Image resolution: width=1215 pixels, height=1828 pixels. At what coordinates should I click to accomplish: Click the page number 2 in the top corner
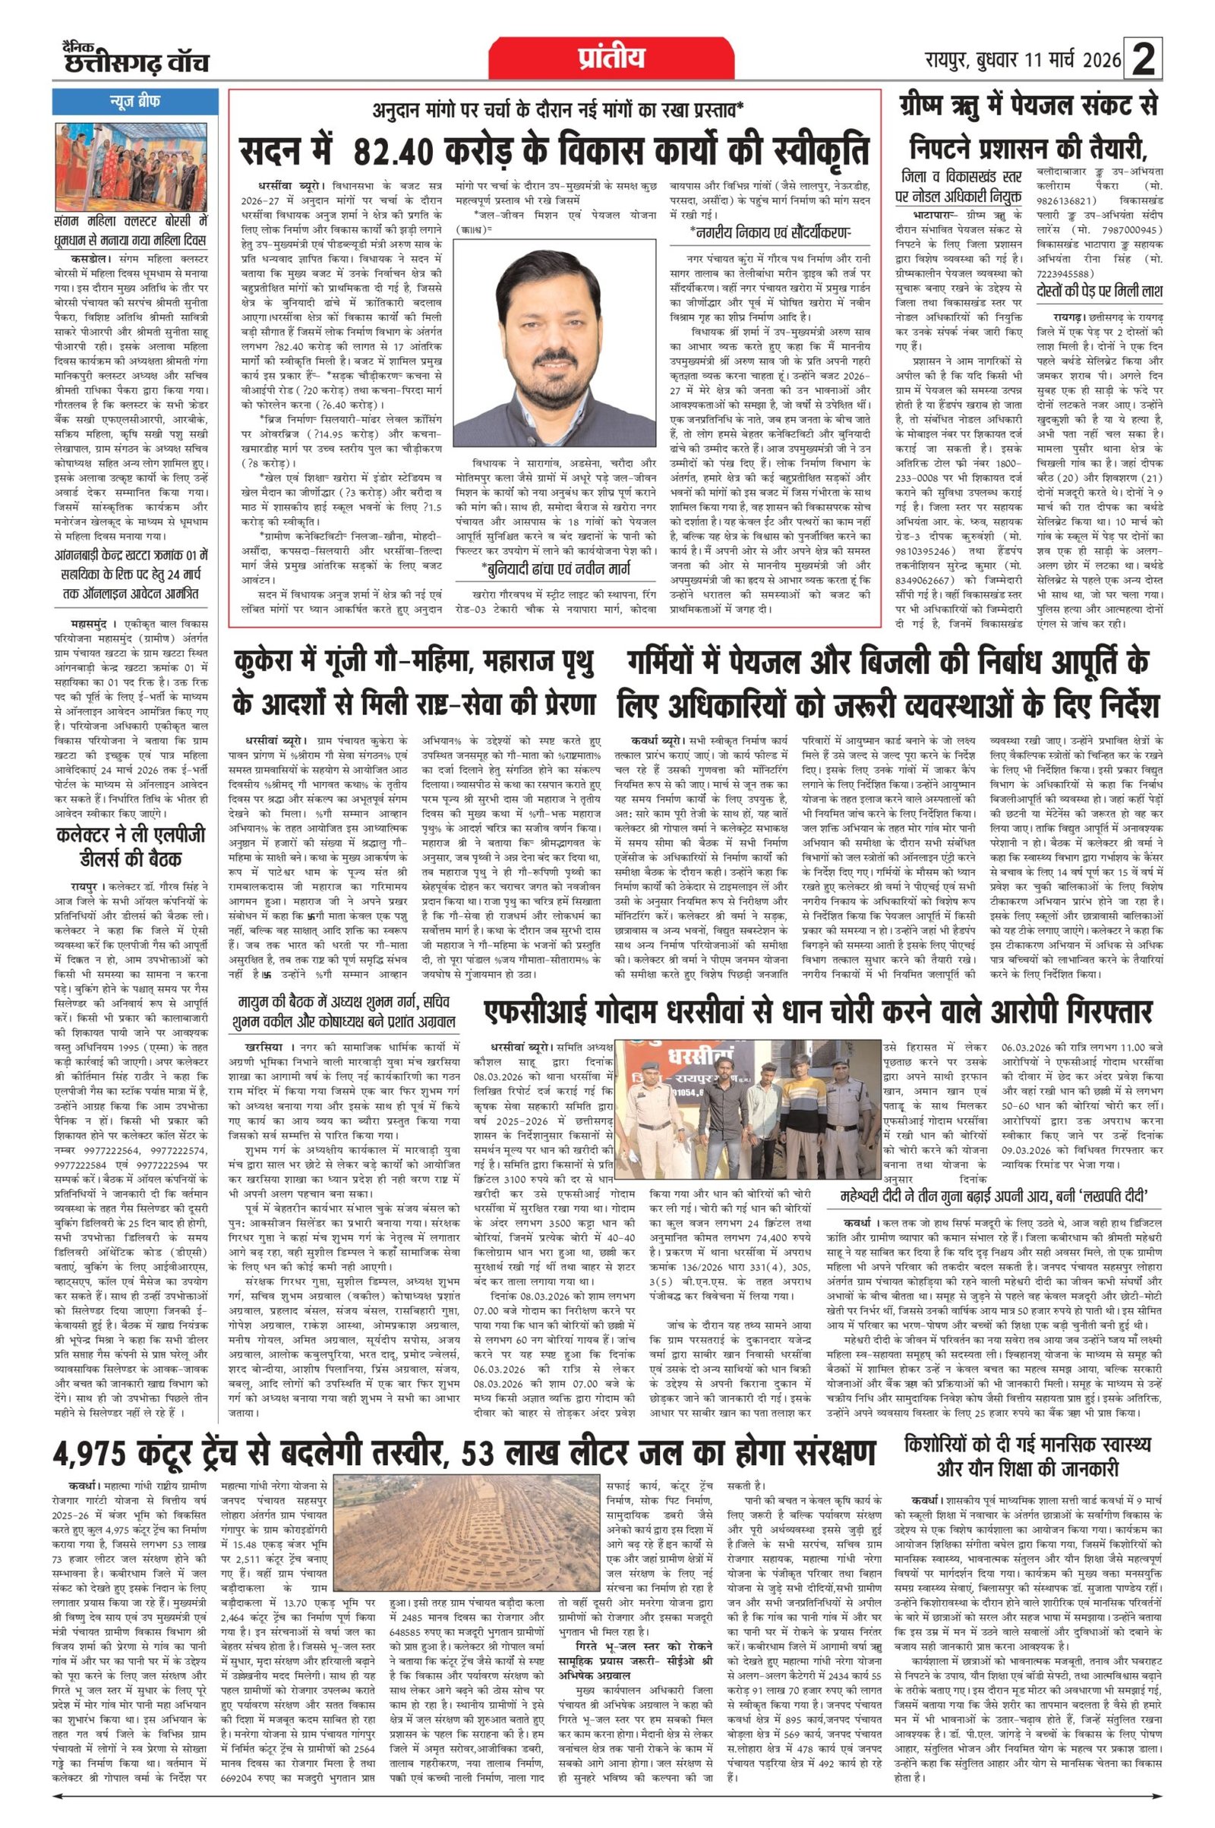point(1143,60)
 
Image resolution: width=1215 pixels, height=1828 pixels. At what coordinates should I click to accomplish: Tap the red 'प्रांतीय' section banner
point(611,59)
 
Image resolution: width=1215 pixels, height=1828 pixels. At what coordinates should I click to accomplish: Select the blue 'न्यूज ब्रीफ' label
point(137,102)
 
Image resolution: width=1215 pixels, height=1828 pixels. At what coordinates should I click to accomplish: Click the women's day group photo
point(137,160)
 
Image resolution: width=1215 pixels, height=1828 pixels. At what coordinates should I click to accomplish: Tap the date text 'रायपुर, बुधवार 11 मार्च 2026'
point(1023,59)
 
